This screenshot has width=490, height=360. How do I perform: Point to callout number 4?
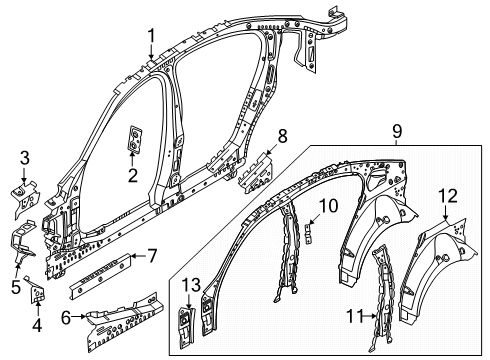(x=37, y=322)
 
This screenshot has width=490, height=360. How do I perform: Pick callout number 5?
(x=15, y=283)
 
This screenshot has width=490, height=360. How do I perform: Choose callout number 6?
(x=65, y=318)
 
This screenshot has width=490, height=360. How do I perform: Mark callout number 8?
(x=282, y=134)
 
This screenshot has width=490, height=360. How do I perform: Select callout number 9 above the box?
(x=397, y=131)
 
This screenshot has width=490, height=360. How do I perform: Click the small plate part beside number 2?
(x=135, y=143)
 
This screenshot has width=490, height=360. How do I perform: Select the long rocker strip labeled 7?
(x=100, y=277)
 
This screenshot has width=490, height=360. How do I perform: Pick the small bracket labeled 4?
(x=39, y=295)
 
